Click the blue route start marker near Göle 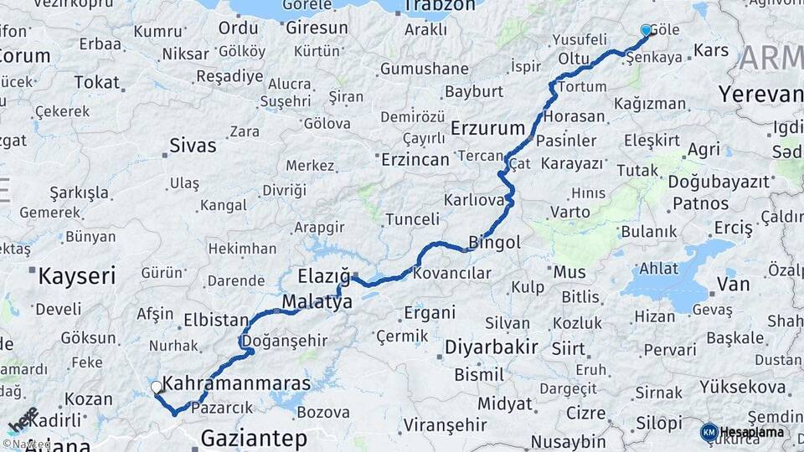point(646,30)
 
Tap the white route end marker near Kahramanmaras point(157,388)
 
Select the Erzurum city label point(487,128)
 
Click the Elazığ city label point(323,276)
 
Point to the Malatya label point(317,302)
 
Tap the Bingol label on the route point(494,243)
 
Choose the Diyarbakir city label point(491,347)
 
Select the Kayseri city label point(77,275)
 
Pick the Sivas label point(193,145)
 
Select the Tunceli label point(412,219)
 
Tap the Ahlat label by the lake point(658,269)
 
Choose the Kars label point(711,51)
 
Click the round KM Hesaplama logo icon point(709,432)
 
